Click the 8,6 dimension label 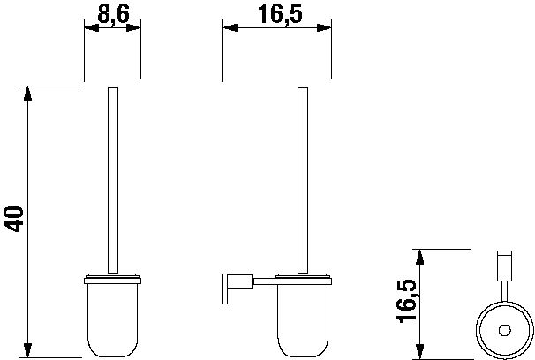[x=113, y=15]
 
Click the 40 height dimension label [x=14, y=219]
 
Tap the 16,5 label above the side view [x=280, y=15]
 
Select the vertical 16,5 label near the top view [x=406, y=301]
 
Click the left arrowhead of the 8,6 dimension [x=92, y=28]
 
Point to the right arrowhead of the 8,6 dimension [x=133, y=28]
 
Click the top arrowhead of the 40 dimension [x=27, y=94]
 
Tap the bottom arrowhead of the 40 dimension [x=27, y=350]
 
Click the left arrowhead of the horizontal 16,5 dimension [x=230, y=28]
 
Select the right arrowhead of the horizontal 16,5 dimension [x=324, y=28]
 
